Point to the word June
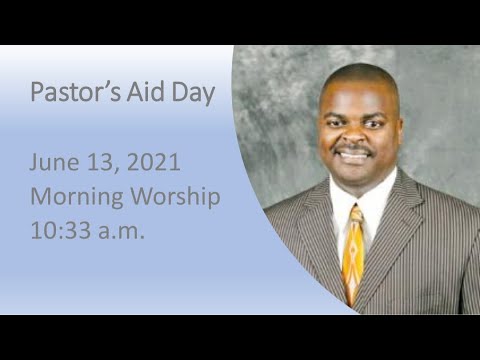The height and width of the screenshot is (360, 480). pos(52,163)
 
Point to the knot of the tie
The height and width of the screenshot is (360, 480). pos(355,213)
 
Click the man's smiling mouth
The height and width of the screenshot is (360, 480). pos(355,157)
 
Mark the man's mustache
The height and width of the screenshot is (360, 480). pos(355,148)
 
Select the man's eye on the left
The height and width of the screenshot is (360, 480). pos(338,118)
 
